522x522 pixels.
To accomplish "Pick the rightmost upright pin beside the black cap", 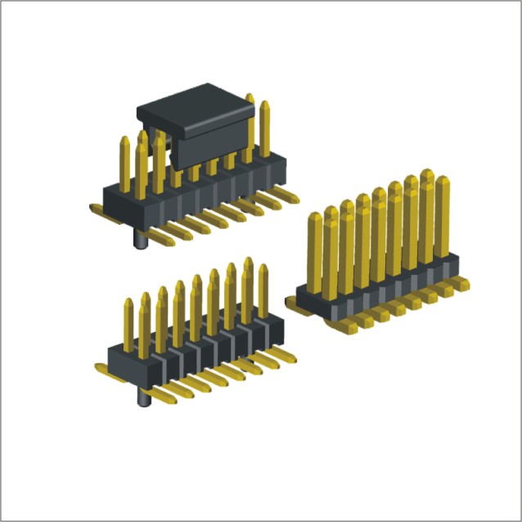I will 264,128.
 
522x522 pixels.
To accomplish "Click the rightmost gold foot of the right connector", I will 460,282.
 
